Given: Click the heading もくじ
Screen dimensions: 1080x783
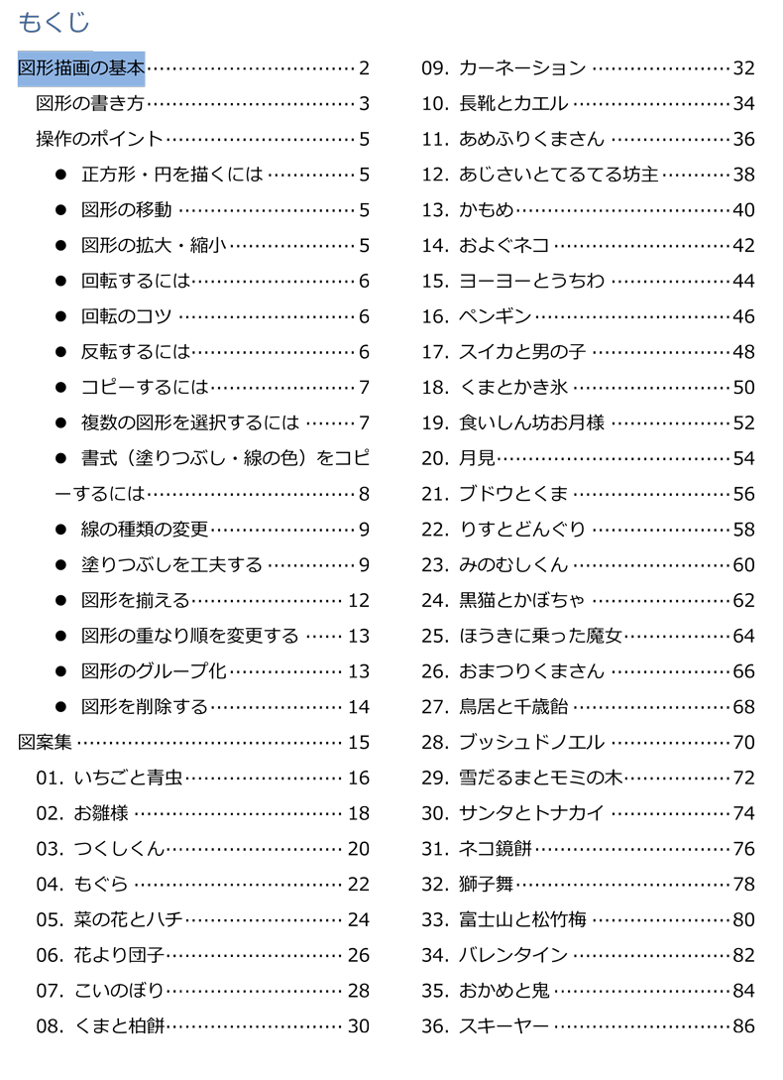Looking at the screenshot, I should tap(54, 22).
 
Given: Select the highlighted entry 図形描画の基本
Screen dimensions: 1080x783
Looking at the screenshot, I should tap(82, 68).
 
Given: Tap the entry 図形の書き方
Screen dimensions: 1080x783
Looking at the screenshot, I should tap(91, 103).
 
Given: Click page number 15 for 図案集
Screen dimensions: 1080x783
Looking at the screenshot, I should tap(358, 742).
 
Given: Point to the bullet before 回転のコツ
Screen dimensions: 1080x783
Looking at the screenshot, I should tap(60, 316).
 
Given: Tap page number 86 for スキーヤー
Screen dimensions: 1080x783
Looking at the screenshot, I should tap(743, 1026).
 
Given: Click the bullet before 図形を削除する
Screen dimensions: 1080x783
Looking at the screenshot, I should tap(60, 707).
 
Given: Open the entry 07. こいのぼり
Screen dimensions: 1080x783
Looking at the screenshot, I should tap(100, 991).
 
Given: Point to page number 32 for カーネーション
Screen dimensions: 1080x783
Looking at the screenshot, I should tap(743, 68).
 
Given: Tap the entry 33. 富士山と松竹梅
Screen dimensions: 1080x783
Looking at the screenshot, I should tap(504, 919).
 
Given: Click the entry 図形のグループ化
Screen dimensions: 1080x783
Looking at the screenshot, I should tap(155, 671).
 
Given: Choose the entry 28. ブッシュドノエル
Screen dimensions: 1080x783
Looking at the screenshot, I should tap(513, 742).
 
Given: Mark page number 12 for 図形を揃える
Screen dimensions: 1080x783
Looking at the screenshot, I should tap(358, 600).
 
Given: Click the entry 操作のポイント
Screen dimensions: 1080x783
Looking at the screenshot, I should tap(100, 139).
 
